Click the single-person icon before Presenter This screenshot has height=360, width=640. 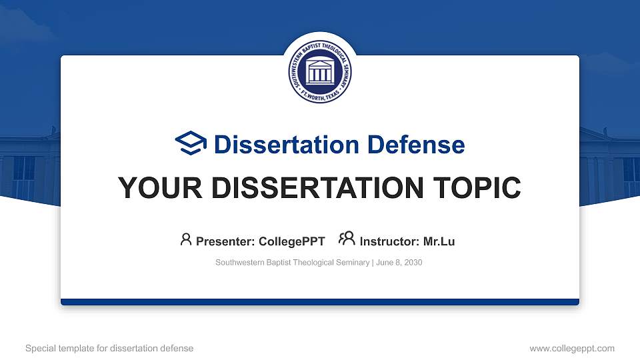[186, 239]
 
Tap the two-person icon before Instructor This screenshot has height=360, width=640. [347, 239]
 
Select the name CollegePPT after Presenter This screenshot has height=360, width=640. [292, 241]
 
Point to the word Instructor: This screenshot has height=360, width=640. [389, 241]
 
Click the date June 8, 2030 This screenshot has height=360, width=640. [399, 263]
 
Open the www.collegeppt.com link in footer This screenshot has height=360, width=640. [572, 348]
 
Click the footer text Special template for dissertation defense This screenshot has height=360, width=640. [109, 348]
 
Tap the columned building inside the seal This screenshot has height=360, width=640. [320, 71]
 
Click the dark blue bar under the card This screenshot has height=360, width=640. [320, 302]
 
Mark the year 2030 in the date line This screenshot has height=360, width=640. [413, 263]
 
